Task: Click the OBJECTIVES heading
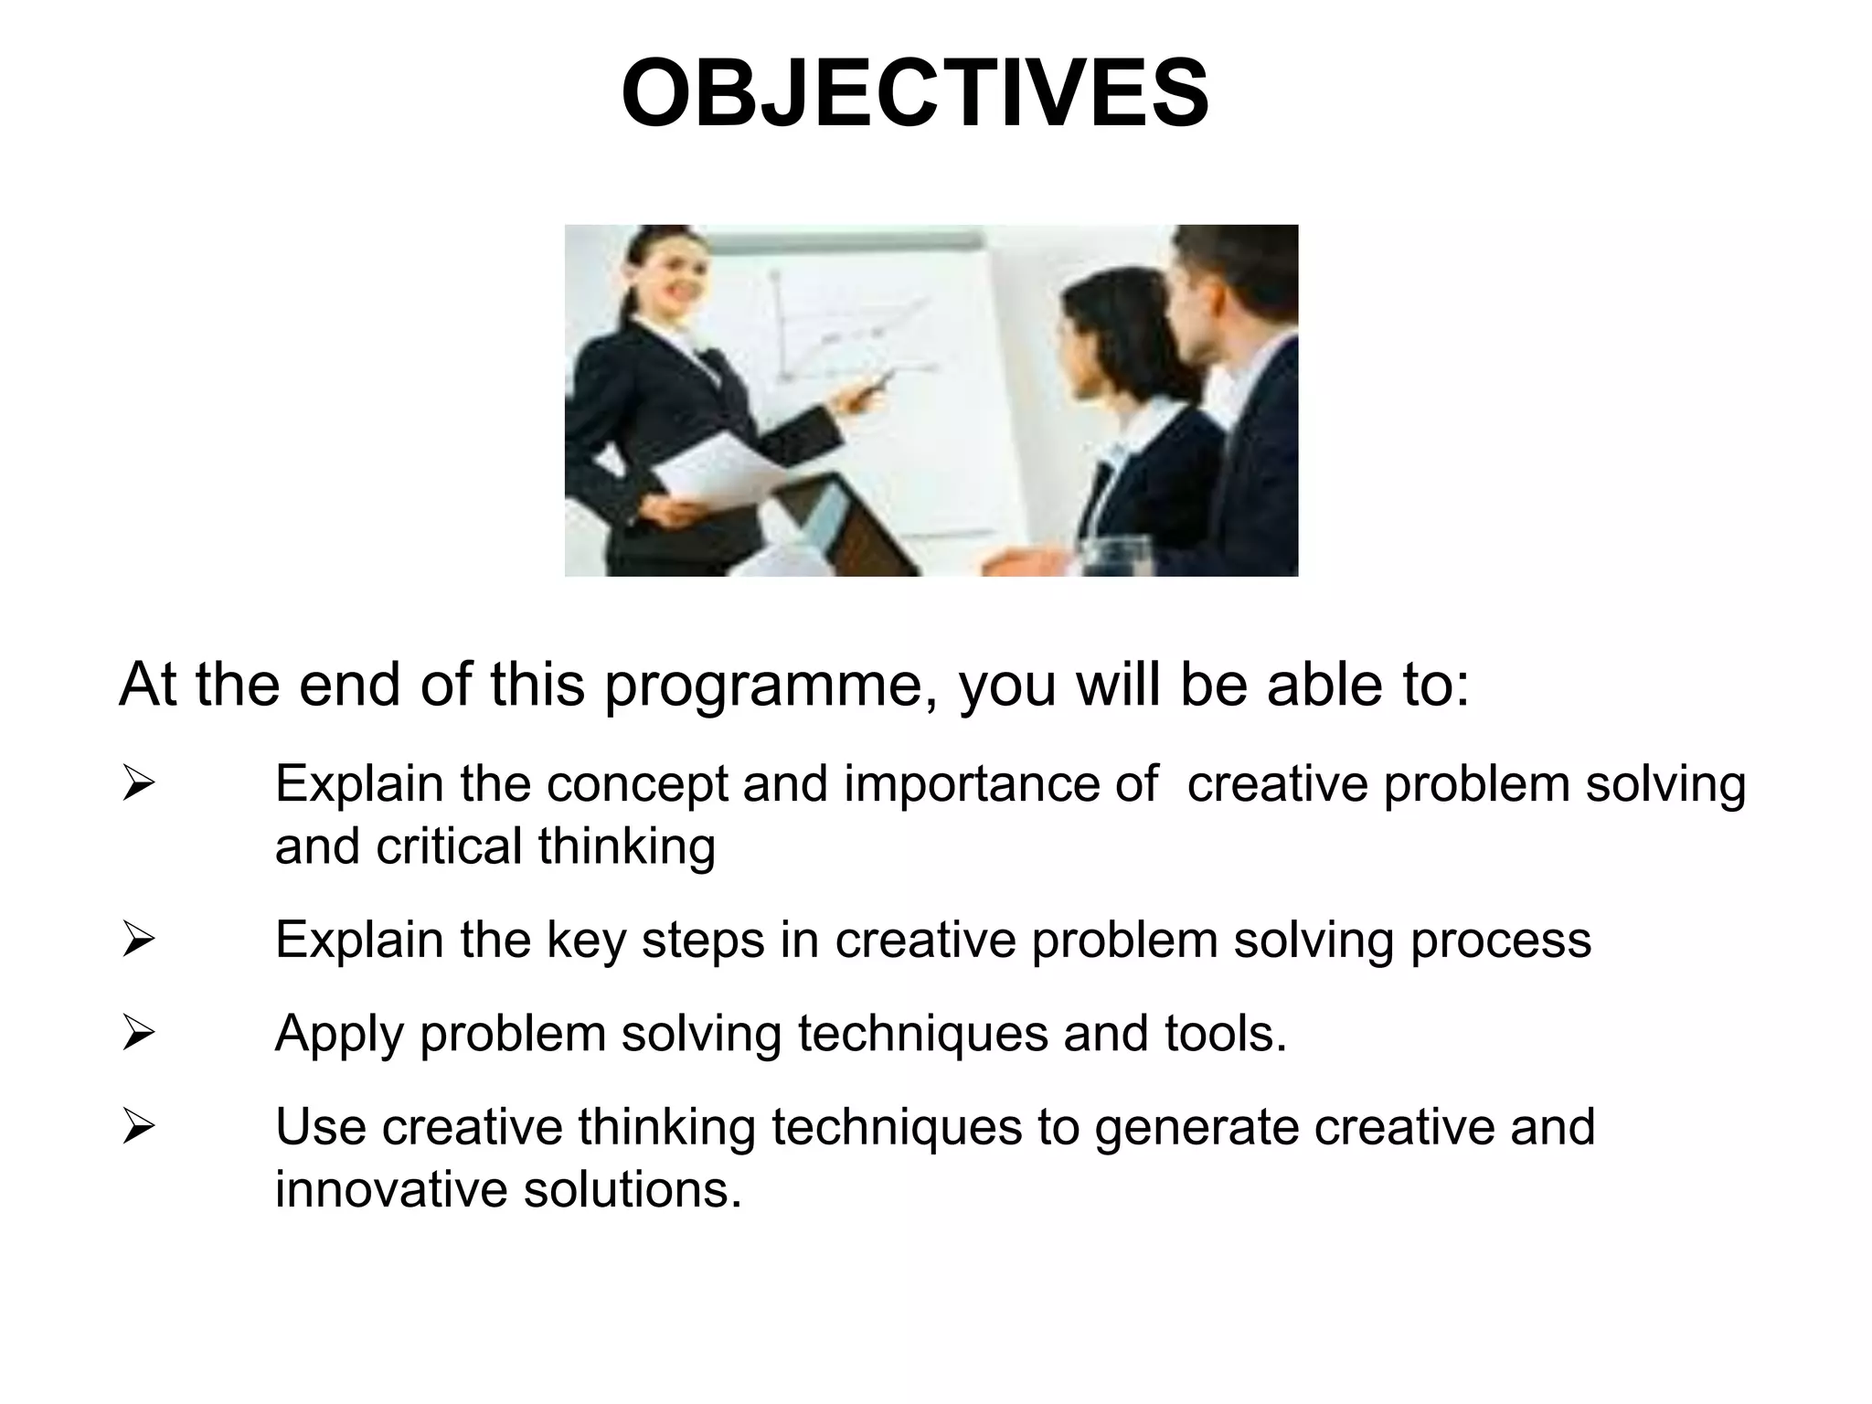click(915, 94)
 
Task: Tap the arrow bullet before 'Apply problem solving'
click(138, 1034)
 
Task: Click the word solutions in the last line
click(632, 1190)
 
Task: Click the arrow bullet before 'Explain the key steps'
click(138, 941)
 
